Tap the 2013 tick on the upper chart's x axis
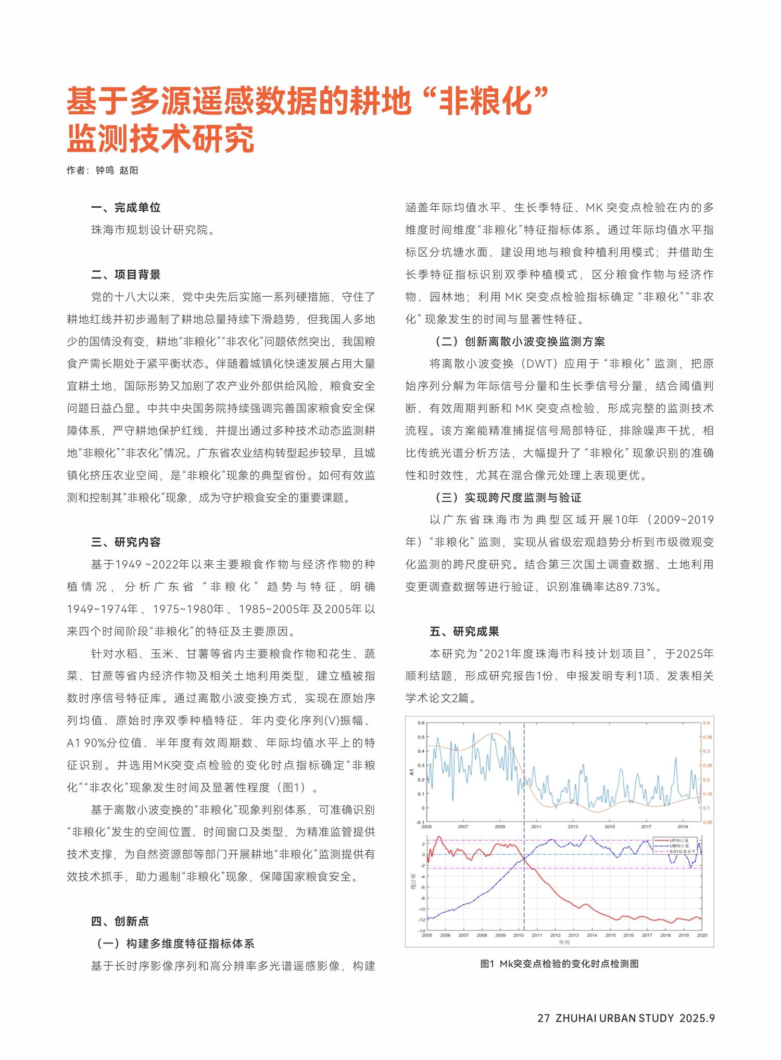[573, 826]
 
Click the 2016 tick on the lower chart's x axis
[628, 935]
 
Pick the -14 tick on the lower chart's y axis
[422, 930]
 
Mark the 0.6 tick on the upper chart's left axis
[421, 723]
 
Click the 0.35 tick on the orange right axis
[708, 737]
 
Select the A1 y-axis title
[411, 772]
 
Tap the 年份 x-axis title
[564, 942]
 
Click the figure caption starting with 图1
[559, 964]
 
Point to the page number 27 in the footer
[544, 1018]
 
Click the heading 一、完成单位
[125, 208]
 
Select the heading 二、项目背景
[125, 274]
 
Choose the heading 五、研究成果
[464, 632]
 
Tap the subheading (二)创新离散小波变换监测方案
[520, 342]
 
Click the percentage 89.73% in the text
[638, 587]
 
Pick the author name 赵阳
[129, 170]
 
